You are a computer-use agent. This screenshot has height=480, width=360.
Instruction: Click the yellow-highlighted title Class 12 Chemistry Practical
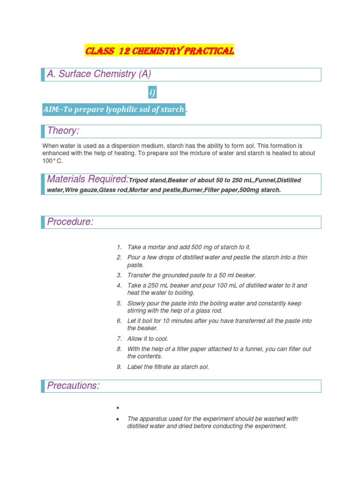coord(159,51)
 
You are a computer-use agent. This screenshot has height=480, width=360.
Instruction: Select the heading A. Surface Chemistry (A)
coord(99,74)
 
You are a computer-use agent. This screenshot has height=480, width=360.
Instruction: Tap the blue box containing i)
coord(152,93)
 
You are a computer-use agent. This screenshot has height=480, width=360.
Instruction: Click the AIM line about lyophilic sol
coord(114,109)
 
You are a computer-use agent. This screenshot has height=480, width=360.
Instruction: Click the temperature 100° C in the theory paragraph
coord(52,161)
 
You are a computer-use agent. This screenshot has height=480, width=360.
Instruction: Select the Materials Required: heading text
coord(88,179)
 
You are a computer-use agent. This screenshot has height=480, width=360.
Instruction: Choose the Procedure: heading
coord(70,222)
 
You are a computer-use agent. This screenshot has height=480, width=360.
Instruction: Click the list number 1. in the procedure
coord(119,247)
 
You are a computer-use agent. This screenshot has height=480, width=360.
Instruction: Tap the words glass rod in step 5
coord(208,311)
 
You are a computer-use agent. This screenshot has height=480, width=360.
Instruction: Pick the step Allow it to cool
coord(148,339)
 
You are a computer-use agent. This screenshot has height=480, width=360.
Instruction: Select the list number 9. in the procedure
coord(119,367)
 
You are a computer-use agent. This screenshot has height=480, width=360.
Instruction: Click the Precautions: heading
coord(74,386)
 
